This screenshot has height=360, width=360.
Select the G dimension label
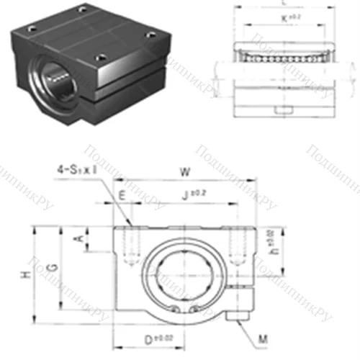tap(49, 268)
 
